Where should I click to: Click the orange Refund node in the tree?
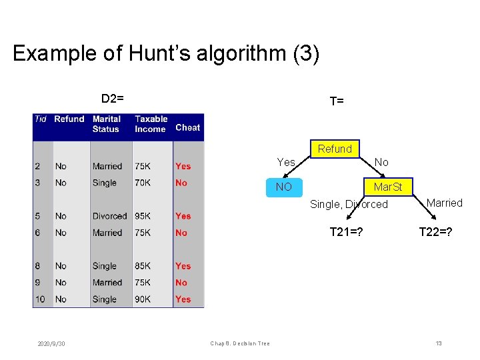point(335,149)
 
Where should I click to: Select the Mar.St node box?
point(387,187)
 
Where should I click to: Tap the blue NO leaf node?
point(284,187)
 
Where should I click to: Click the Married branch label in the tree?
point(444,203)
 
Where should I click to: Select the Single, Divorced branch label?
point(349,204)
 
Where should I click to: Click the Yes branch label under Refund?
point(286,162)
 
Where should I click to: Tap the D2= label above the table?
point(112,99)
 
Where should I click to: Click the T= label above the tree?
point(337,101)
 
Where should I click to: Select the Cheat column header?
point(187,127)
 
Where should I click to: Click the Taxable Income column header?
point(151,124)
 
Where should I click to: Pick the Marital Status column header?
point(107,124)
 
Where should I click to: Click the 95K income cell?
point(143,216)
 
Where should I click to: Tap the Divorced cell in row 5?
point(109,216)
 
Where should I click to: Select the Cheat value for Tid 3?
point(181,183)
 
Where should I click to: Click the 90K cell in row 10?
point(143,299)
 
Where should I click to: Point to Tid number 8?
point(37,266)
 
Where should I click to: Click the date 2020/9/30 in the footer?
point(51,343)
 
